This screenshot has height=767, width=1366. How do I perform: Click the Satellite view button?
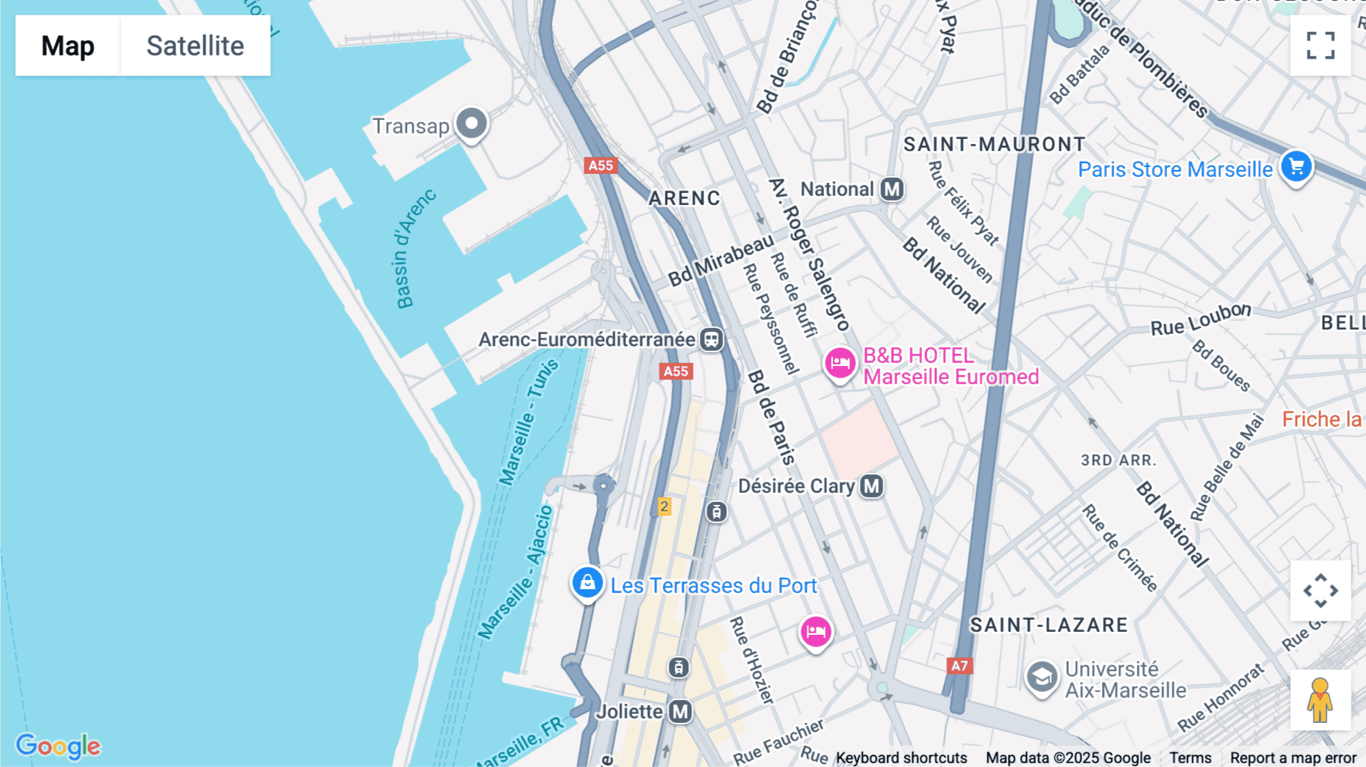195,46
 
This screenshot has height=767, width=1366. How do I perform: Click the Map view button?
68,46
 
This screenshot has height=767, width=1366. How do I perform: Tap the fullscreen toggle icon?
1320,46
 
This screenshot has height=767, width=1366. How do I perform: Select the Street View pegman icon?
1320,700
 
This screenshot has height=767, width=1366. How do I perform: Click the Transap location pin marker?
471,123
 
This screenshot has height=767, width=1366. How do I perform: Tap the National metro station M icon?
892,189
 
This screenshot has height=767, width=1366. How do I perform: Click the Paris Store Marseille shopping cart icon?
1296,166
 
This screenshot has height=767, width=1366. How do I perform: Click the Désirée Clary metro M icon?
872,486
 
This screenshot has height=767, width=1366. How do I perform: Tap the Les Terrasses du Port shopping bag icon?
587,583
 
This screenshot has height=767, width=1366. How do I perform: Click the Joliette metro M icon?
681,712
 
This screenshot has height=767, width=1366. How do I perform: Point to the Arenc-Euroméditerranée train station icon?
711,339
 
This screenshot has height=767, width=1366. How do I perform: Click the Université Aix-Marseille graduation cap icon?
1042,677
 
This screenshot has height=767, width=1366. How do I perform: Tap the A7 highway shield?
959,666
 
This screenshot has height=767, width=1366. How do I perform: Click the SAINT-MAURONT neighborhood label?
994,144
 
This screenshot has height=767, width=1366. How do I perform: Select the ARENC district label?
684,198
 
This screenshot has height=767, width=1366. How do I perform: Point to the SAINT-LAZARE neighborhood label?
1049,625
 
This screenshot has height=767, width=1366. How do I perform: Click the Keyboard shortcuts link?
901,758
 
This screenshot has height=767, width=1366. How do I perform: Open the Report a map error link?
1293,758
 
